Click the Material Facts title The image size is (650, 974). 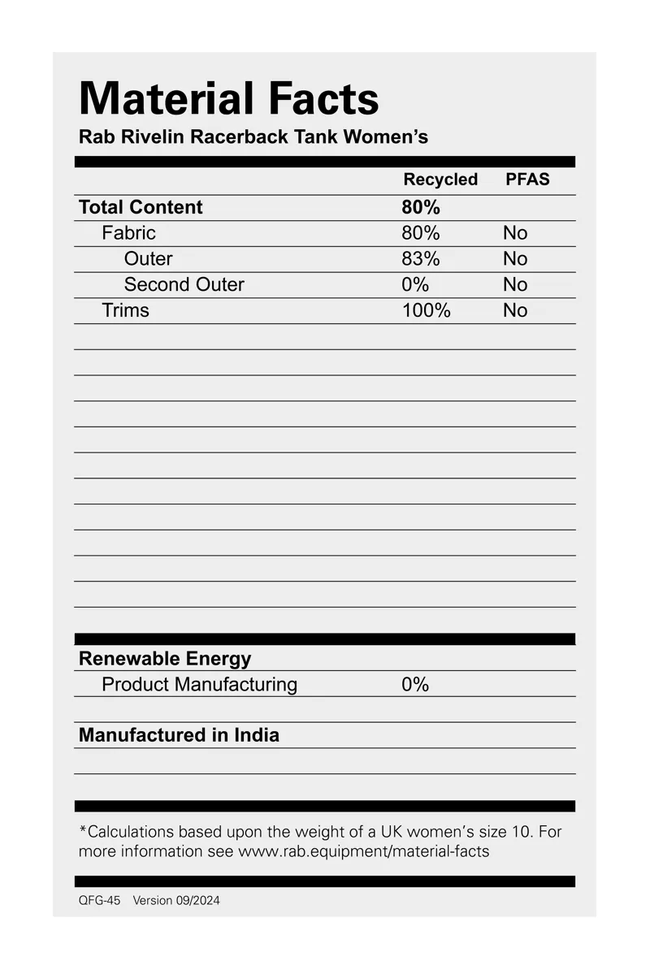click(x=228, y=99)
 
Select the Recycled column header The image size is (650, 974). click(x=440, y=180)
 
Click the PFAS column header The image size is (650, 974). click(x=527, y=180)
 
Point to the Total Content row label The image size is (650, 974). click(x=141, y=207)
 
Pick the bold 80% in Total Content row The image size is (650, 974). click(x=420, y=207)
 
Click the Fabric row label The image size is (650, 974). click(x=128, y=233)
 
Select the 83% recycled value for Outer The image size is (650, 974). click(x=420, y=259)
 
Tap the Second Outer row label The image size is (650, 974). click(x=184, y=285)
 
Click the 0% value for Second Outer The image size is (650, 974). click(x=414, y=285)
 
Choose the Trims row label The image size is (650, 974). click(x=125, y=310)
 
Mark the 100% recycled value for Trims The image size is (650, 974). click(x=426, y=310)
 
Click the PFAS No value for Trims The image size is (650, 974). click(x=515, y=310)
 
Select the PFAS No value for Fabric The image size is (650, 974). click(x=515, y=233)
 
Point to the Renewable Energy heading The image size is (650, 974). click(x=165, y=659)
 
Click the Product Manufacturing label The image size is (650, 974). click(x=199, y=685)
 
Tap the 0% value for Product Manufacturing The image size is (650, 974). click(x=414, y=685)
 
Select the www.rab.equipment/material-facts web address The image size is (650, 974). click(x=363, y=852)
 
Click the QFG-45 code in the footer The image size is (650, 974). click(x=99, y=901)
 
